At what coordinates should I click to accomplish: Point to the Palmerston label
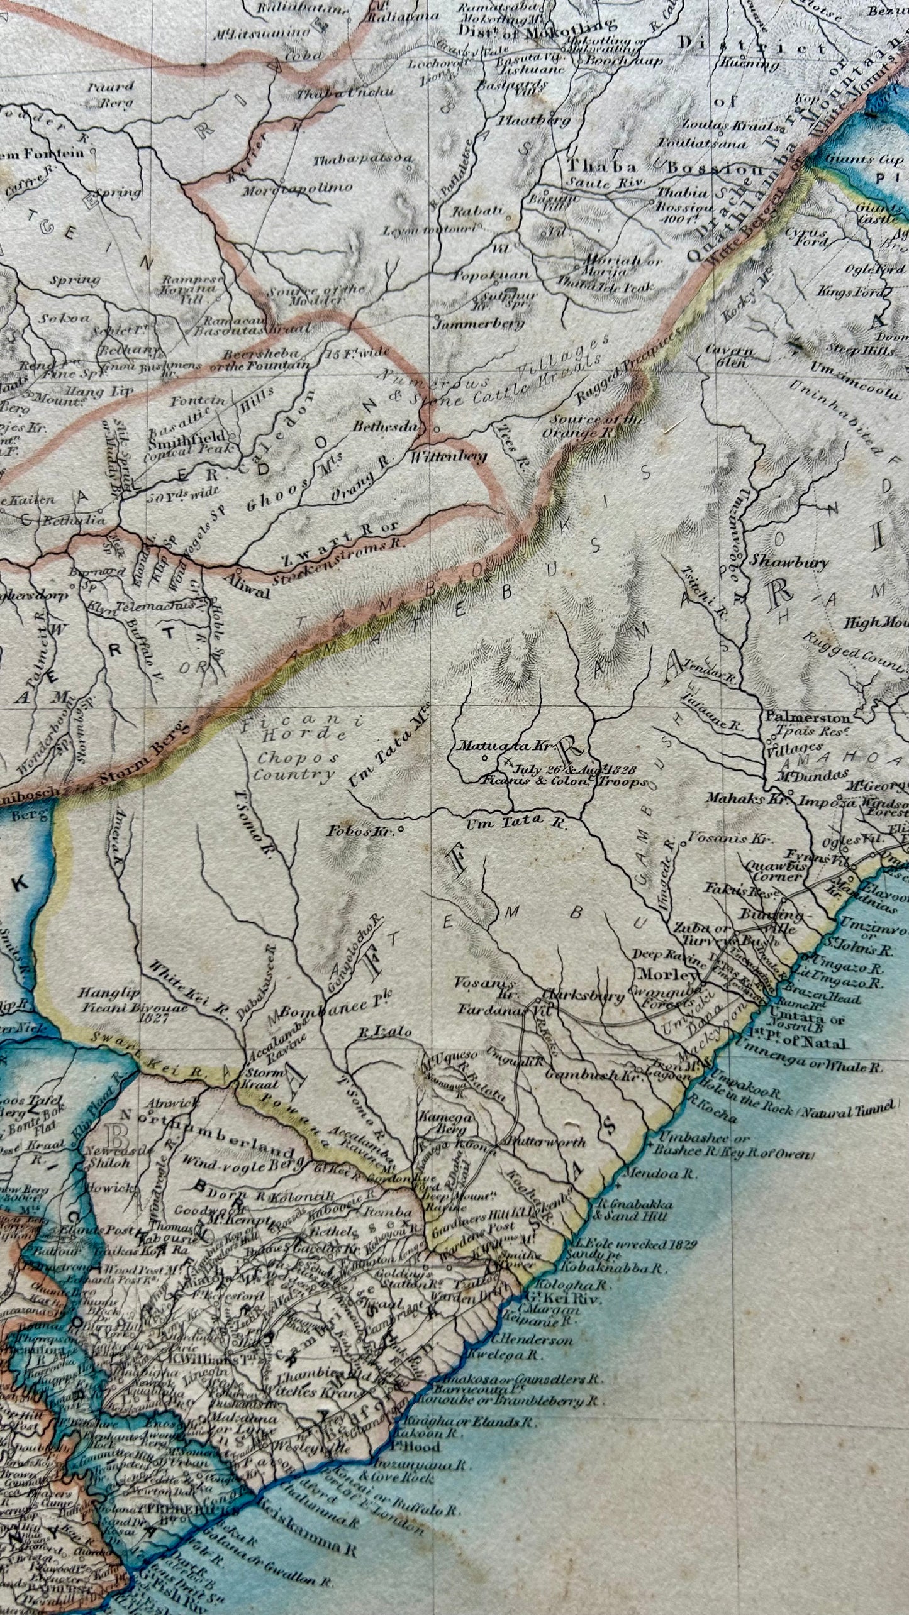click(x=808, y=717)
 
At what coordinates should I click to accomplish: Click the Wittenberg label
click(x=449, y=457)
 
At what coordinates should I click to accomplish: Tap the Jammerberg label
click(x=479, y=324)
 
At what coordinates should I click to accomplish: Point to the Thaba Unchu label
click(x=345, y=92)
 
